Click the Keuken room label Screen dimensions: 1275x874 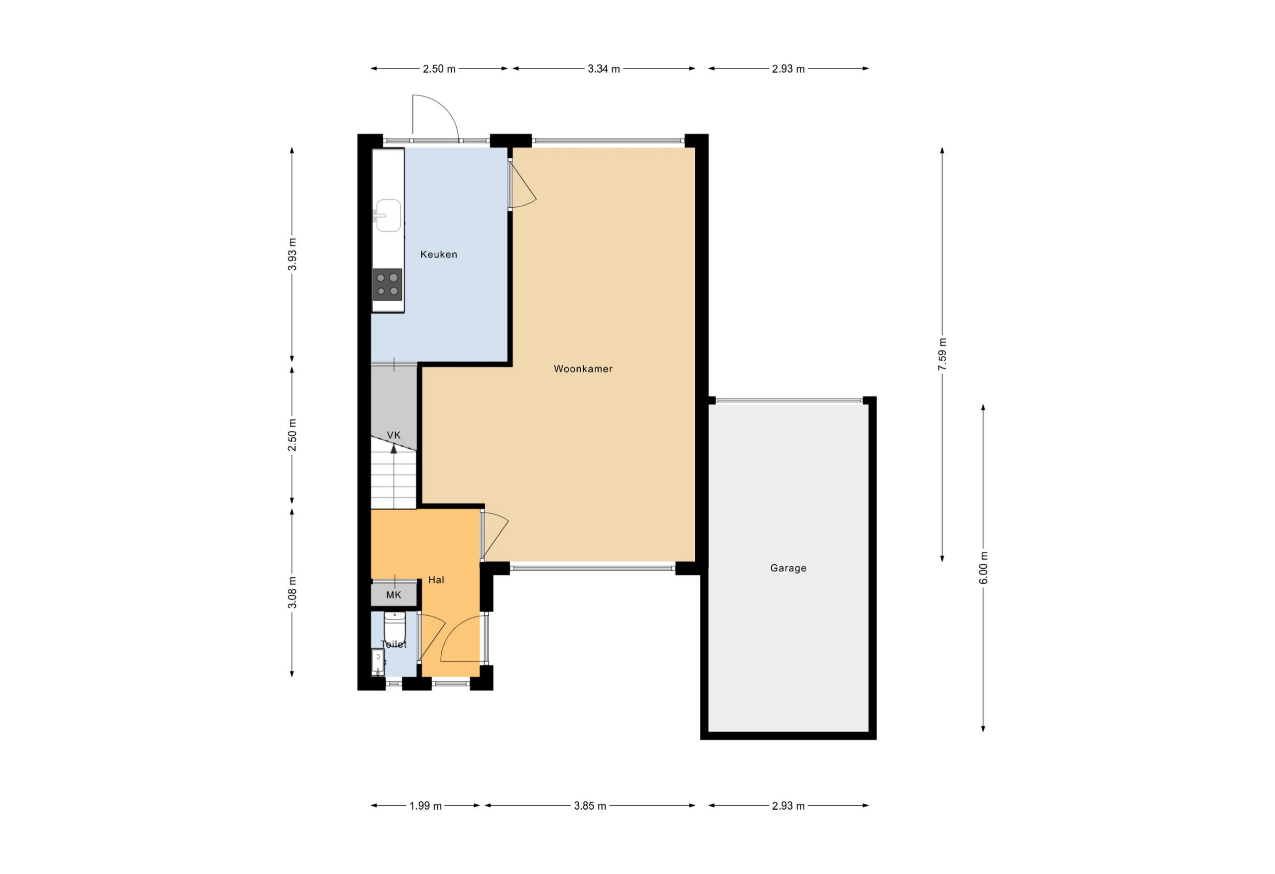tap(438, 254)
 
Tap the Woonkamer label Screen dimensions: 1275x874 tap(583, 369)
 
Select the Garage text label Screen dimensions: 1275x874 tap(788, 568)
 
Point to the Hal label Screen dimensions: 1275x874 tap(436, 579)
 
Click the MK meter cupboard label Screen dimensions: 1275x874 tap(393, 595)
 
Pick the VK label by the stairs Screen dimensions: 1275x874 tap(393, 435)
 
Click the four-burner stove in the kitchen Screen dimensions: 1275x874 tap(387, 284)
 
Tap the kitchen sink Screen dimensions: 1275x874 tap(388, 215)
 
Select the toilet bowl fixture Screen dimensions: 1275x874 tap(394, 627)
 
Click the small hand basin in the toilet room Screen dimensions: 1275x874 tap(378, 662)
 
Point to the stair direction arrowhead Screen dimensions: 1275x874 tap(393, 449)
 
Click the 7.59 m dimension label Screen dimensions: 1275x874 tap(942, 355)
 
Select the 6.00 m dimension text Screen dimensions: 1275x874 tap(983, 568)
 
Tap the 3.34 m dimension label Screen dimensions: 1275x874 tap(604, 69)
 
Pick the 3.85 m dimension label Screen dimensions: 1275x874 tap(590, 806)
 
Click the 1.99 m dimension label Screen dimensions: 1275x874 tap(425, 806)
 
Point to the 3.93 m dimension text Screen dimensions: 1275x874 tap(292, 254)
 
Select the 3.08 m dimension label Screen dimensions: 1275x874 tap(292, 593)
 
